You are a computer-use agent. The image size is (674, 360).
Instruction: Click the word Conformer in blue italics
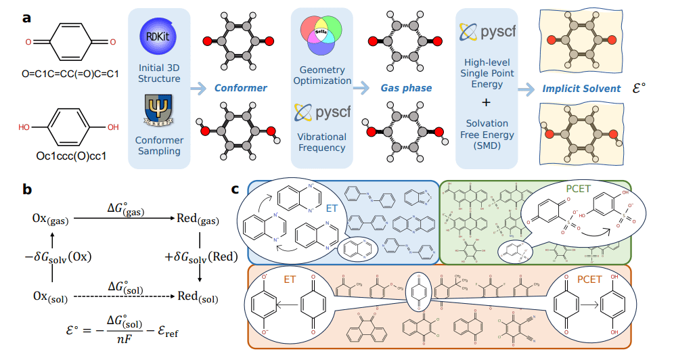pos(240,88)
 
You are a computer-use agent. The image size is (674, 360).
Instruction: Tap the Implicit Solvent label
pos(581,88)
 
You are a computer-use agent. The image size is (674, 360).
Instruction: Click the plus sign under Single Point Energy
pos(485,103)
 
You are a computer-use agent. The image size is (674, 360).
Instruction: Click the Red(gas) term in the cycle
pos(200,219)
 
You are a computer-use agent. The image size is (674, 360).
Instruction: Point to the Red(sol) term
pos(200,296)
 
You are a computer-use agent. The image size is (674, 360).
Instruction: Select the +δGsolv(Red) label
pos(202,257)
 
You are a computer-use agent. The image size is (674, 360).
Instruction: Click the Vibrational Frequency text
pos(322,141)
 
